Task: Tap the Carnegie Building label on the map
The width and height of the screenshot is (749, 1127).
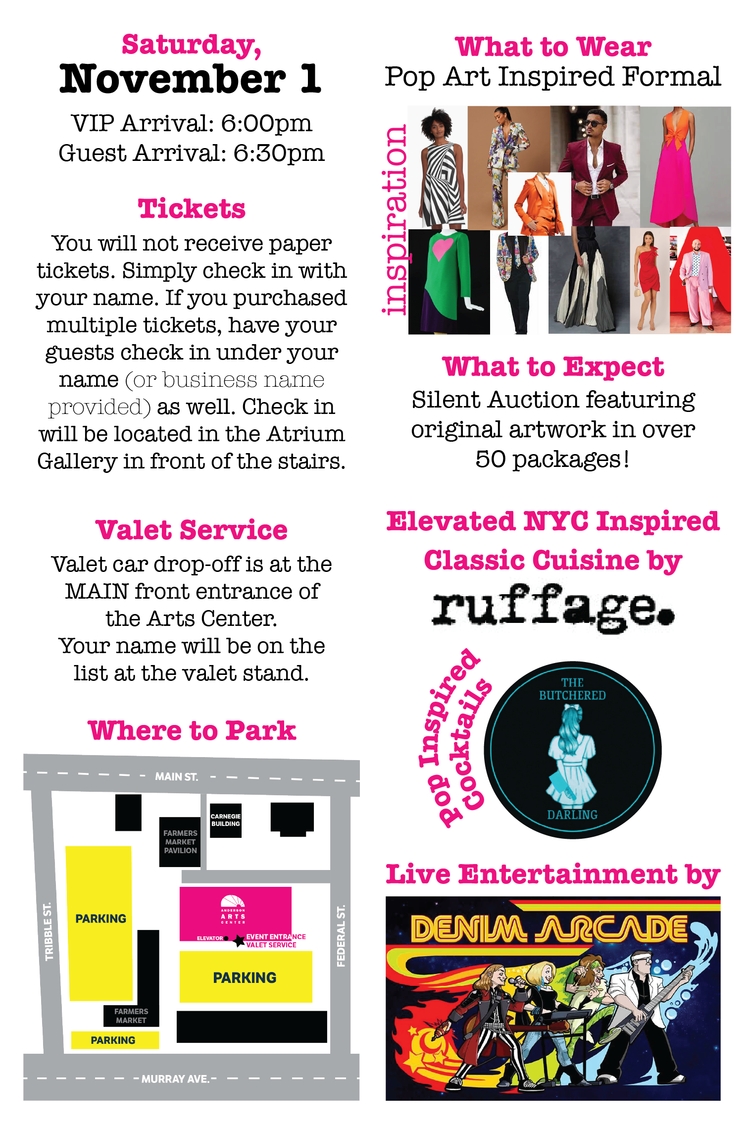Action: tap(225, 820)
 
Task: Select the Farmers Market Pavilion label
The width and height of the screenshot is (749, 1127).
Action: tap(180, 842)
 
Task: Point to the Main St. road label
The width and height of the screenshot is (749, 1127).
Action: tap(176, 776)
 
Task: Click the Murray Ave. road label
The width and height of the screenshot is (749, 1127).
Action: tap(175, 1078)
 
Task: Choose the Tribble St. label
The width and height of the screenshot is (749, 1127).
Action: tap(48, 931)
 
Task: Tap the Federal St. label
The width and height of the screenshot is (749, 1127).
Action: tap(341, 935)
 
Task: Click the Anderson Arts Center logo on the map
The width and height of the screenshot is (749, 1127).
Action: tap(233, 910)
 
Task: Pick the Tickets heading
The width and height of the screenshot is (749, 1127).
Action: tap(192, 208)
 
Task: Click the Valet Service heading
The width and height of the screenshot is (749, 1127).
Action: tap(192, 530)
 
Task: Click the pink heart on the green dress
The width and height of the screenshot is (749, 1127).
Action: tap(442, 247)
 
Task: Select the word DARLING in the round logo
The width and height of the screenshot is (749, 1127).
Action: tap(572, 815)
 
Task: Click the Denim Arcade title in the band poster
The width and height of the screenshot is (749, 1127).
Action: tap(549, 929)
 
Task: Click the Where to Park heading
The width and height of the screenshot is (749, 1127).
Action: tap(192, 731)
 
